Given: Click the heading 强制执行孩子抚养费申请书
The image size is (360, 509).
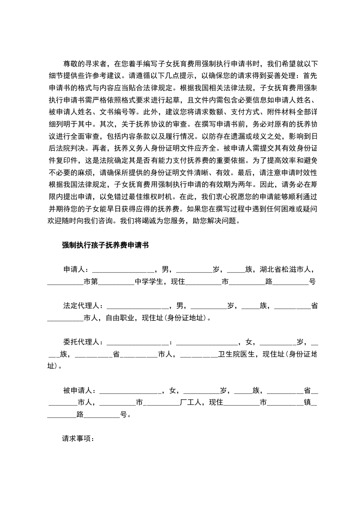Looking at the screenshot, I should point(105,245).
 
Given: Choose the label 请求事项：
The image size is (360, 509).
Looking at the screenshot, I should point(77,439).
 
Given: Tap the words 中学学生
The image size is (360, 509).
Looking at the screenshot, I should point(149,281).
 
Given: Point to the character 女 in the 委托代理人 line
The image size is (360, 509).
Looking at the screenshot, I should point(248,342).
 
